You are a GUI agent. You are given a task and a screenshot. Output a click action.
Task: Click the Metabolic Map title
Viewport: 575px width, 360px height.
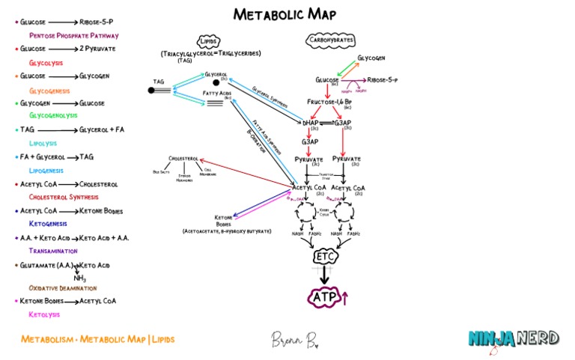coord(285,14)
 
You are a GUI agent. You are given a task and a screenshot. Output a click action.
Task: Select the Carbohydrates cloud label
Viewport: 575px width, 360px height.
coord(330,40)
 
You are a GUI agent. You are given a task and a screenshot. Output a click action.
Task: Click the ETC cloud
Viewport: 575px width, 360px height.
coord(324,257)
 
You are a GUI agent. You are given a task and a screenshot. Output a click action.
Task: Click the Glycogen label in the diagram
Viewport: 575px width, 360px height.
coord(372,58)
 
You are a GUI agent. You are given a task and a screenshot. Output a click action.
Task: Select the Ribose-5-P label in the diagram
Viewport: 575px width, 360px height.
coord(382,79)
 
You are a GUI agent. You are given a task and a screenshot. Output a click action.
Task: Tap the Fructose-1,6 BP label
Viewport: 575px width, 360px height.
coord(330,101)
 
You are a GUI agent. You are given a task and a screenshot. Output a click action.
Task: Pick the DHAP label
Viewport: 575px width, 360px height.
coord(310,122)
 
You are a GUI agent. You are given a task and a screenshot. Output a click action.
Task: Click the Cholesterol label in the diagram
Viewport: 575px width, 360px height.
coord(183,159)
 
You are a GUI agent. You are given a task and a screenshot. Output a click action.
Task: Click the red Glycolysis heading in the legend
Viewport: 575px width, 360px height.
coord(46,63)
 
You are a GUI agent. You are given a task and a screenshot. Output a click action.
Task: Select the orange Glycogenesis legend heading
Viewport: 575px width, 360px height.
coord(49,90)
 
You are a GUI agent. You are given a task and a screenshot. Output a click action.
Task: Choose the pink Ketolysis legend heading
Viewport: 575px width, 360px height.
coord(44,314)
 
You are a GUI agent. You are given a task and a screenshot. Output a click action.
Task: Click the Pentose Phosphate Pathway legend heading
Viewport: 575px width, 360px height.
coord(73,35)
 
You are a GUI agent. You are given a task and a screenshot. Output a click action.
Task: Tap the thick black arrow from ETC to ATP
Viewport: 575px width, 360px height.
coord(324,275)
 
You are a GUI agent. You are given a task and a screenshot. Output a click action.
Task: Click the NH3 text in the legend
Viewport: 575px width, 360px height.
coord(79,278)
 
